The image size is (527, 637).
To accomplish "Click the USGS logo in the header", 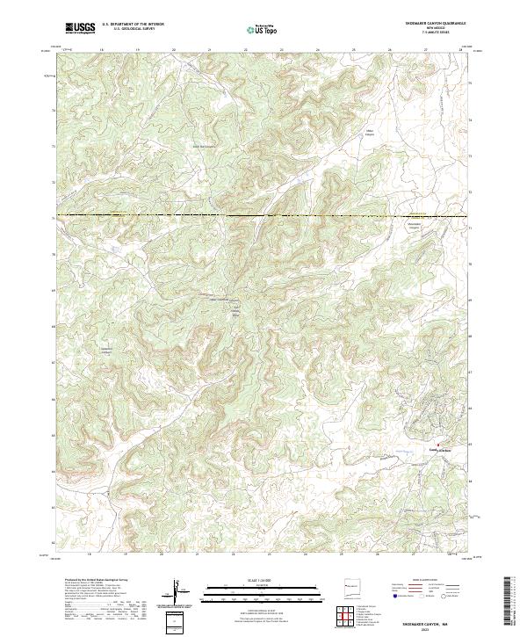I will tap(80, 29).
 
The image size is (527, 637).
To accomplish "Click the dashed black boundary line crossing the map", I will tap(263, 215).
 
